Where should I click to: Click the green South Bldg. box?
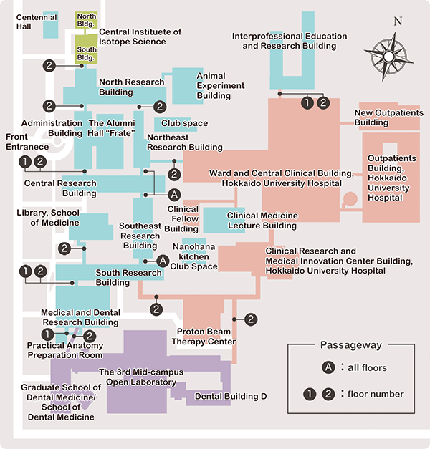pyautogui.click(x=87, y=53)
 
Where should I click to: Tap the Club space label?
pyautogui.click(x=185, y=123)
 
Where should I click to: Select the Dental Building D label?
pyautogui.click(x=231, y=397)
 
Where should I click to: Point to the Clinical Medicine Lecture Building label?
pyautogui.click(x=262, y=221)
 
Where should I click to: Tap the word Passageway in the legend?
pyautogui.click(x=351, y=345)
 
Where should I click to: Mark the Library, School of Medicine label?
pyautogui.click(x=49, y=218)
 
